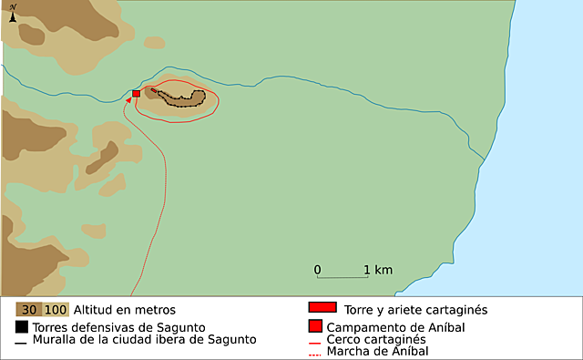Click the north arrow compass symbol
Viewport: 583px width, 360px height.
click(x=13, y=13)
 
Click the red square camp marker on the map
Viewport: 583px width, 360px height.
click(x=137, y=93)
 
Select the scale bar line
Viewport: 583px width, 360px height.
click(x=342, y=277)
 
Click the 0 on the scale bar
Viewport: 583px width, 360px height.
click(x=317, y=270)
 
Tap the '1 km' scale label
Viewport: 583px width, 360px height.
click(x=378, y=270)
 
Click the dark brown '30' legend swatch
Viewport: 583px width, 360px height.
click(x=28, y=309)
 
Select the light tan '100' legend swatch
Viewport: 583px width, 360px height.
click(x=55, y=309)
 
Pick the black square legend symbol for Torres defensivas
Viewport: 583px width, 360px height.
click(x=22, y=325)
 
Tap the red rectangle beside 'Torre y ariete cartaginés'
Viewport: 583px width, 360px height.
click(x=323, y=307)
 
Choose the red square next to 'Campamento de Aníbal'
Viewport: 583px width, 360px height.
click(x=314, y=325)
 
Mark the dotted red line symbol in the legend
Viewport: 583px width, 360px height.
click(x=314, y=352)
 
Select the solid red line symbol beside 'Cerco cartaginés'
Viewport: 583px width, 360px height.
click(x=314, y=340)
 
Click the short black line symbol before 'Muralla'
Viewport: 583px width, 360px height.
click(x=21, y=342)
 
